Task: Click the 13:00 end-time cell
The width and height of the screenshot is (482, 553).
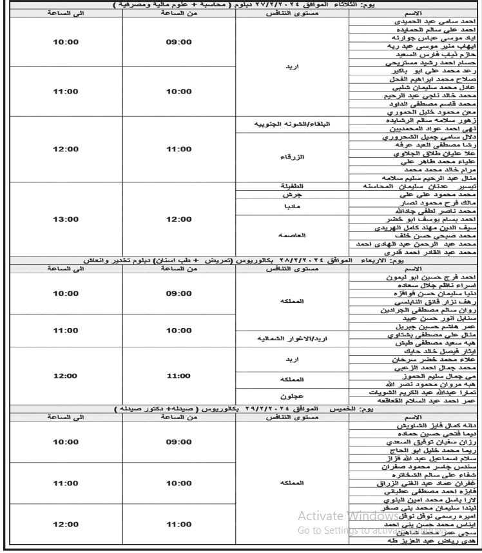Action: point(65,219)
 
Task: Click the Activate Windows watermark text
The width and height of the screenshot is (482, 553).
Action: point(348,516)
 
